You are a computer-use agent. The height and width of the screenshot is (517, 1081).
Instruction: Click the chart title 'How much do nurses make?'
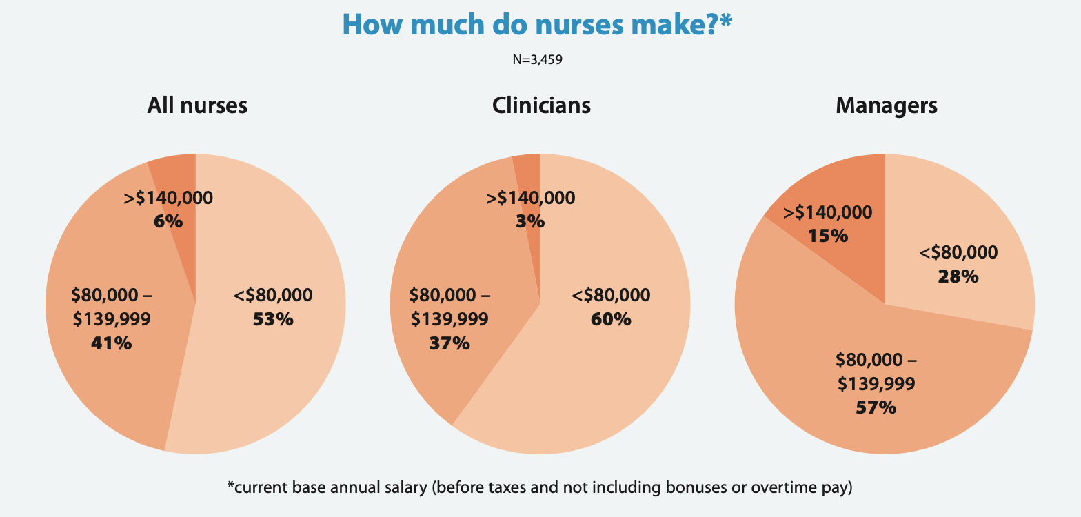(x=536, y=25)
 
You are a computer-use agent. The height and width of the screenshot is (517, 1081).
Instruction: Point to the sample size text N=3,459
(x=537, y=60)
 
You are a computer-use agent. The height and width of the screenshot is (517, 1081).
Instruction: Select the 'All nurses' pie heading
(x=197, y=105)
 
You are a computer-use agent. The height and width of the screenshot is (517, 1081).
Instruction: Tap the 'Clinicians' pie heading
(x=541, y=105)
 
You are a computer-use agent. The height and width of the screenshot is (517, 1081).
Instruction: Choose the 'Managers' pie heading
(x=886, y=105)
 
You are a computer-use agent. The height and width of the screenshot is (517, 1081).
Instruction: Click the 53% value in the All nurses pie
(x=273, y=319)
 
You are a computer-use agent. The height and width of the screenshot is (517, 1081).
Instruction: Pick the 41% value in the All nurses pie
(x=111, y=343)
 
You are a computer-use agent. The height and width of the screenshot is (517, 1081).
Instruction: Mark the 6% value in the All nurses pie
(x=168, y=221)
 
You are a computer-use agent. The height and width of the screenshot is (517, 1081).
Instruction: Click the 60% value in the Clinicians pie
(x=611, y=319)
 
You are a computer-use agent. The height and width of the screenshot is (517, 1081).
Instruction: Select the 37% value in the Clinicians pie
(x=449, y=343)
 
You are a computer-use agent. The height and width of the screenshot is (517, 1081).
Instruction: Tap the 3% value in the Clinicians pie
(x=530, y=221)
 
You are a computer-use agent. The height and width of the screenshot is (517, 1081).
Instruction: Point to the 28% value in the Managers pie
(x=958, y=276)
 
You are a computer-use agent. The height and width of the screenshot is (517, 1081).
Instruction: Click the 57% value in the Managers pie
(x=876, y=407)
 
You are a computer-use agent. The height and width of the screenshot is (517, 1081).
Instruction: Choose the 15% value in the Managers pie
(x=828, y=236)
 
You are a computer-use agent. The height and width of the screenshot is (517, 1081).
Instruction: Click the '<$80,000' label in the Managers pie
(x=958, y=253)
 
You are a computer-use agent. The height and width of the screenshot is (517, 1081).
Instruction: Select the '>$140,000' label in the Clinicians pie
(x=530, y=199)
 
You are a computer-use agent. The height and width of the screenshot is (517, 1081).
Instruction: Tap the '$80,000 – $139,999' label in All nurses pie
(x=111, y=307)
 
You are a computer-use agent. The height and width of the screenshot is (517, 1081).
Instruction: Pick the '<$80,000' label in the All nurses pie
(x=273, y=296)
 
